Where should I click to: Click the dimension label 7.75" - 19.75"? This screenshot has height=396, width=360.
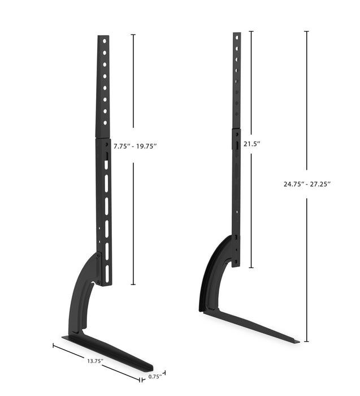click(135, 146)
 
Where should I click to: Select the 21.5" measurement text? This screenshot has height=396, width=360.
click(251, 144)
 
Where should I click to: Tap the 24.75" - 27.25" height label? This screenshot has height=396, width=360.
click(307, 184)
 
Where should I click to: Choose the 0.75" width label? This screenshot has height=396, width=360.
click(154, 376)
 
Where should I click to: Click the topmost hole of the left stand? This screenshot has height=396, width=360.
click(103, 41)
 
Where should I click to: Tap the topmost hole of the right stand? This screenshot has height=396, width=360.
click(237, 37)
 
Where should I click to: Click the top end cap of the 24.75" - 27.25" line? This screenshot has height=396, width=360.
click(307, 31)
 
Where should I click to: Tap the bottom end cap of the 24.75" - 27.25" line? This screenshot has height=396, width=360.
click(307, 342)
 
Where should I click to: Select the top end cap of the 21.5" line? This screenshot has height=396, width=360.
click(251, 31)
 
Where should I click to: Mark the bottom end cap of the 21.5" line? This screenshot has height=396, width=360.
click(251, 268)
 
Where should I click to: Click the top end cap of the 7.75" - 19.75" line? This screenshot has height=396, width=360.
click(133, 35)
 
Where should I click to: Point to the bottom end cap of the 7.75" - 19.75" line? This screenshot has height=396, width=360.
click(133, 285)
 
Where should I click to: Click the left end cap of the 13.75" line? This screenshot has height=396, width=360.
click(54, 345)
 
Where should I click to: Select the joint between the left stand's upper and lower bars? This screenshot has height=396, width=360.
click(103, 137)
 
